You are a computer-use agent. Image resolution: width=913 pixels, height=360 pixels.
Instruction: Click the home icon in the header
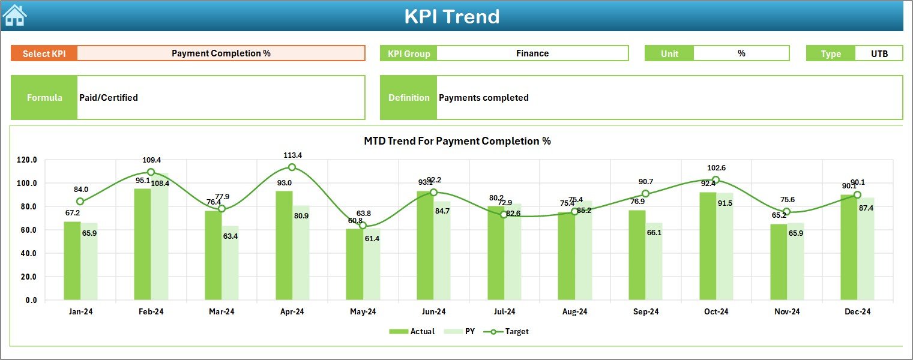click(15, 16)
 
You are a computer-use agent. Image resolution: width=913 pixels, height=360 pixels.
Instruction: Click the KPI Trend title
click(451, 16)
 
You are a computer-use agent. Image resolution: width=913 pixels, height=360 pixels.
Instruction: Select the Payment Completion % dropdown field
click(221, 53)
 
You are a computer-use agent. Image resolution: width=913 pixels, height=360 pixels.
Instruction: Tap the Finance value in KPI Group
click(532, 53)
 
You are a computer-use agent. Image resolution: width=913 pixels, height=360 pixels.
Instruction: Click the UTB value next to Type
click(879, 53)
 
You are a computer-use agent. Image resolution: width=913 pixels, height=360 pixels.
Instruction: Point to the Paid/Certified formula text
click(109, 98)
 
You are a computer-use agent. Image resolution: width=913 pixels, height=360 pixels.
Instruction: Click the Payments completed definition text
click(483, 98)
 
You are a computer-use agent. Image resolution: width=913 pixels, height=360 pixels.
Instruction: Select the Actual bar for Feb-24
click(142, 244)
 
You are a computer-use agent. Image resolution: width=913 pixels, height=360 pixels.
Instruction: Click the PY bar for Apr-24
click(301, 253)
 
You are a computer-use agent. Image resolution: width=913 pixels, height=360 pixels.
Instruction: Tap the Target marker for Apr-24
click(292, 167)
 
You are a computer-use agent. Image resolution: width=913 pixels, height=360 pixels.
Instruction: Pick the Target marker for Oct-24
click(716, 180)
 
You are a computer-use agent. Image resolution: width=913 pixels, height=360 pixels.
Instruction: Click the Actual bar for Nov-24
click(779, 262)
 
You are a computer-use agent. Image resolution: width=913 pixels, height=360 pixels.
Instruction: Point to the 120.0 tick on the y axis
click(27, 160)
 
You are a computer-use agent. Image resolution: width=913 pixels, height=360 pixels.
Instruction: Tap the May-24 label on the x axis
click(363, 311)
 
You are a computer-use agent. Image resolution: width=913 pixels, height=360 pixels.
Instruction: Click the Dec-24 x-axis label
click(857, 311)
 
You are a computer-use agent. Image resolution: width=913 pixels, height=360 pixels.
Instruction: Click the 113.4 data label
click(293, 155)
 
